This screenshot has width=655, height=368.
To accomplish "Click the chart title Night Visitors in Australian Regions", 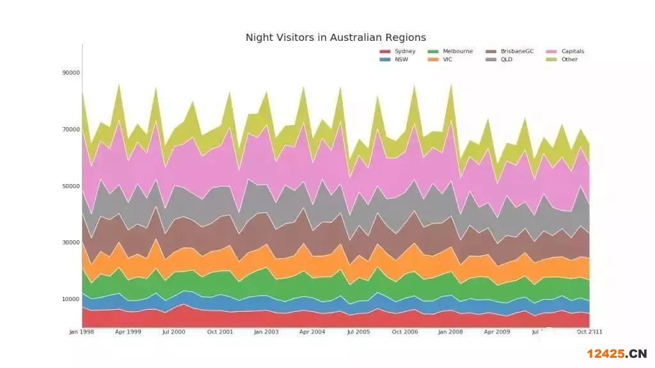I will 335,38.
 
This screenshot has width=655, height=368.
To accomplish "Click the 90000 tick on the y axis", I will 71,73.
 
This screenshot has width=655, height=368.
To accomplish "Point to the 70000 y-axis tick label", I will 71,130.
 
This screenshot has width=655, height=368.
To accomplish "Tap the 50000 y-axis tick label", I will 71,187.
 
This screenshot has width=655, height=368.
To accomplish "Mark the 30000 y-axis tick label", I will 71,243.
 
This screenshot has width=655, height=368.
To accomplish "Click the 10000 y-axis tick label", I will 71,300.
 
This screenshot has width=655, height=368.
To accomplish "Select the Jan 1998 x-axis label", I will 82,332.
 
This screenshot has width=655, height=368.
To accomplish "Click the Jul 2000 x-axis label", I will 173,332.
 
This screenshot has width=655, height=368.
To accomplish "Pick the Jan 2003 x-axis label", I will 266,332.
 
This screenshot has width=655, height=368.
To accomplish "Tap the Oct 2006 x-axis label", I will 405,332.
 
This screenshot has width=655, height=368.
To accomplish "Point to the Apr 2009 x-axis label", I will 497,332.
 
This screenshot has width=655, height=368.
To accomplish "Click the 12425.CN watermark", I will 617,354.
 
